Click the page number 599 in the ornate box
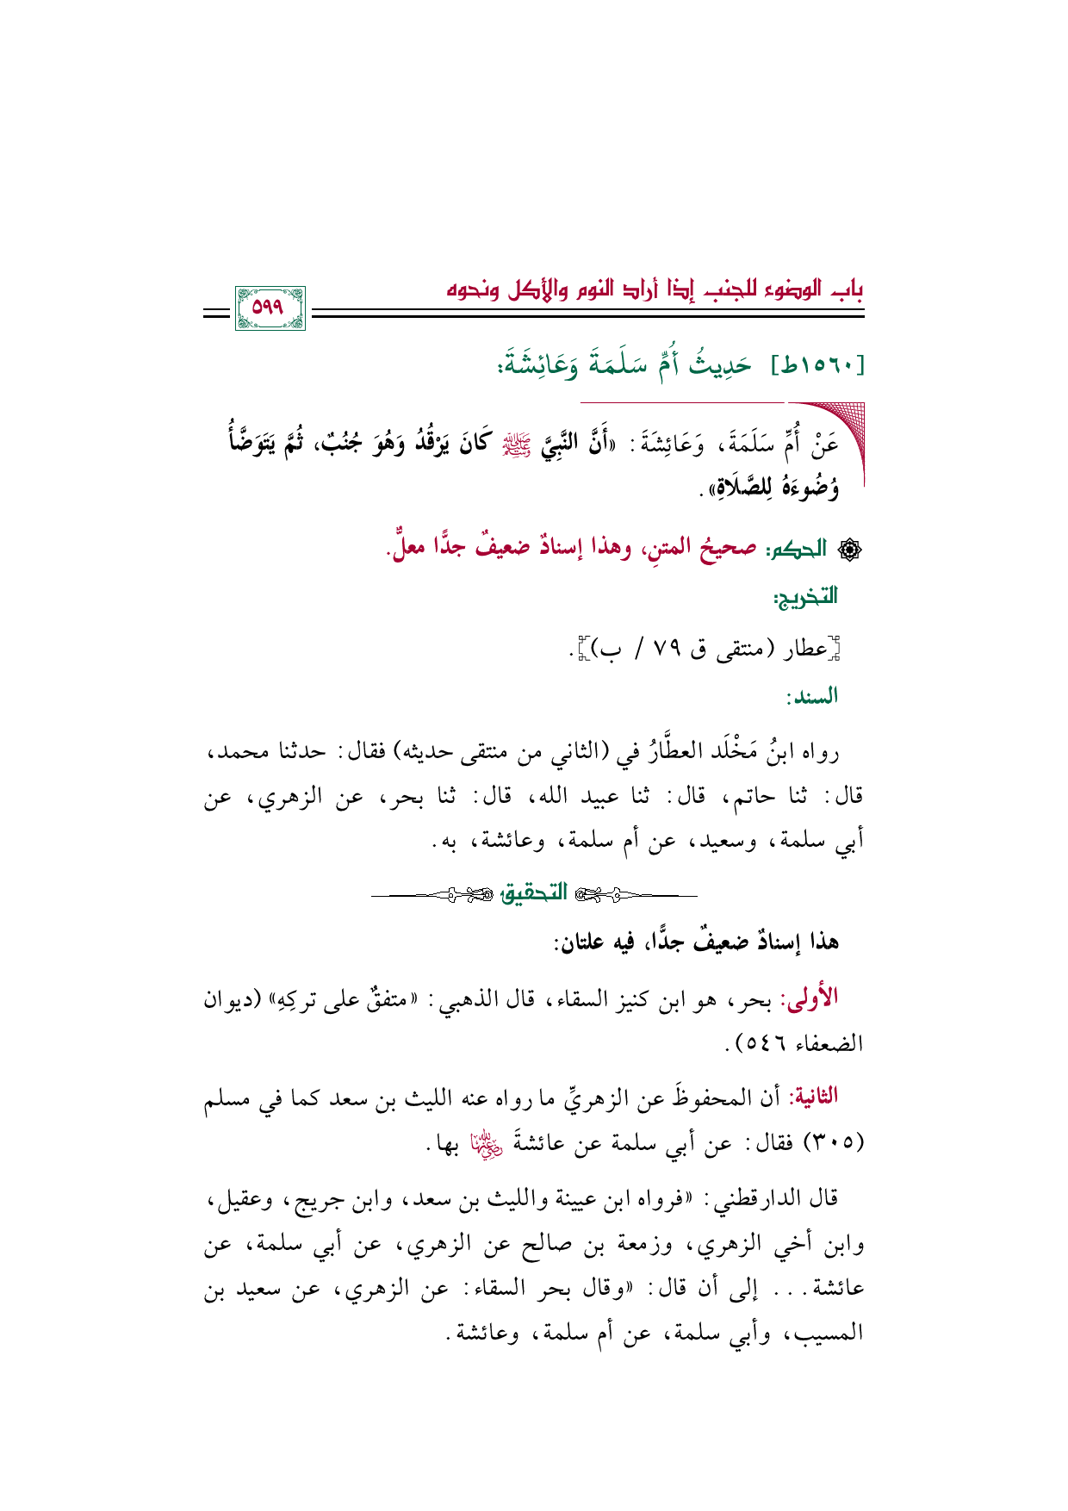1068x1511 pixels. tap(269, 308)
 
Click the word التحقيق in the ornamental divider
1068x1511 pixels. tap(534, 893)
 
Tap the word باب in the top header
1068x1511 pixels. tap(848, 288)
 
